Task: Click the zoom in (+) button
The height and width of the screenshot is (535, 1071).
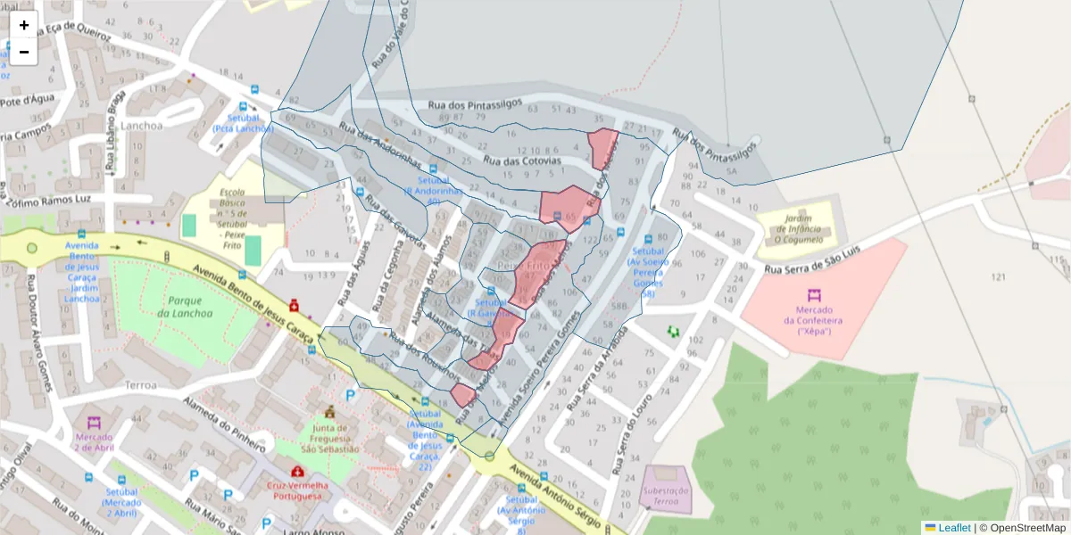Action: point(24,25)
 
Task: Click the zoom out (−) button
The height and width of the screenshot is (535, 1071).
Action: point(24,52)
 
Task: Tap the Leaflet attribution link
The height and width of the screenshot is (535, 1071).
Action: point(954,528)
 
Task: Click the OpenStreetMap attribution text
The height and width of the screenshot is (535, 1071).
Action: point(1025,528)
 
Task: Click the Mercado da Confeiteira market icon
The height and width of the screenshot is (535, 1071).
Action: point(814,295)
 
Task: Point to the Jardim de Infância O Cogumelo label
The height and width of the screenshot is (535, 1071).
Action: point(797,229)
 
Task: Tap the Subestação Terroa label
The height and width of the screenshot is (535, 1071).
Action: point(667,496)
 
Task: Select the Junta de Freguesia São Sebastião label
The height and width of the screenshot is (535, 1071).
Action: point(329,438)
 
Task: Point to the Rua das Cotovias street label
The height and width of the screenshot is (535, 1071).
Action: point(522,161)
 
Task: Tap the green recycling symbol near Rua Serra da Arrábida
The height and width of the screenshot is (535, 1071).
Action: point(673,332)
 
